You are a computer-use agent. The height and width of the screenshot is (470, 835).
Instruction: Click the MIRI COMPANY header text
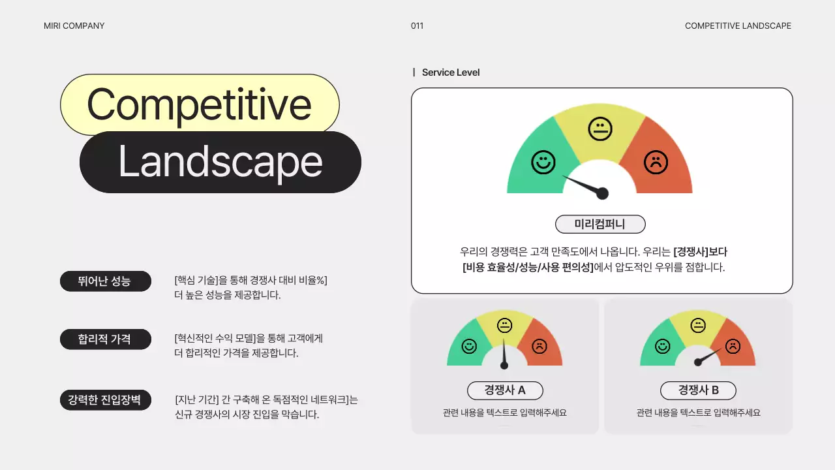click(x=74, y=26)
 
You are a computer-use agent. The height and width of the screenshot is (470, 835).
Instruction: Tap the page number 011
click(x=417, y=26)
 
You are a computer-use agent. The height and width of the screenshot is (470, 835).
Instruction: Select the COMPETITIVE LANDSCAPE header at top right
click(x=738, y=26)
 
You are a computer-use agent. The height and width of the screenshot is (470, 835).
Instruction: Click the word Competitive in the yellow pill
click(x=199, y=104)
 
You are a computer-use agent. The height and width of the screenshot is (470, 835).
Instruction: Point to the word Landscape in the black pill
click(x=220, y=162)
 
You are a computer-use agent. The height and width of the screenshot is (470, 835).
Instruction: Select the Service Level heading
click(x=450, y=72)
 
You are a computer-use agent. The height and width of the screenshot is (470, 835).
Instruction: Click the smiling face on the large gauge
click(x=543, y=162)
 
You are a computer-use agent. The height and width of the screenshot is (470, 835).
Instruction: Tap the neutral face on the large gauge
click(x=600, y=129)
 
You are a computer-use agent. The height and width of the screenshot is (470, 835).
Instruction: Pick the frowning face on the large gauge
click(x=656, y=162)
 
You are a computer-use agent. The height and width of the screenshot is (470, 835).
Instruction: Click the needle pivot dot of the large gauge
click(x=603, y=193)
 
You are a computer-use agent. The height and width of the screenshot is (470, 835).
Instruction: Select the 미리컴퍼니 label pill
click(x=600, y=224)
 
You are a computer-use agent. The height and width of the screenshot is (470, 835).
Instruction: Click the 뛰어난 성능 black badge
click(x=105, y=281)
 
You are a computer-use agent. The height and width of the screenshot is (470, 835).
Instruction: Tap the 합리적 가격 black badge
click(x=105, y=339)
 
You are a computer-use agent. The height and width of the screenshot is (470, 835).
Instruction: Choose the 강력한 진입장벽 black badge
click(x=105, y=399)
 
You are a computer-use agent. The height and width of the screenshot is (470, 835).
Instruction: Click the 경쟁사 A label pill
click(x=505, y=390)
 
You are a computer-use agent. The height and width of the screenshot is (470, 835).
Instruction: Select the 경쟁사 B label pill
click(x=698, y=390)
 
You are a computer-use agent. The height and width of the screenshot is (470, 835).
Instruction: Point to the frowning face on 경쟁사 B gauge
click(x=733, y=346)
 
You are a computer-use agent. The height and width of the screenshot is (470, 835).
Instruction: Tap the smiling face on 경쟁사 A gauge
click(x=468, y=346)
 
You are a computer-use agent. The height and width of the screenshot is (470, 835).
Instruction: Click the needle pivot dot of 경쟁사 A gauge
click(x=504, y=366)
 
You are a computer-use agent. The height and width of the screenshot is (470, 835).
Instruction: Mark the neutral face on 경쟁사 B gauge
click(x=698, y=325)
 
